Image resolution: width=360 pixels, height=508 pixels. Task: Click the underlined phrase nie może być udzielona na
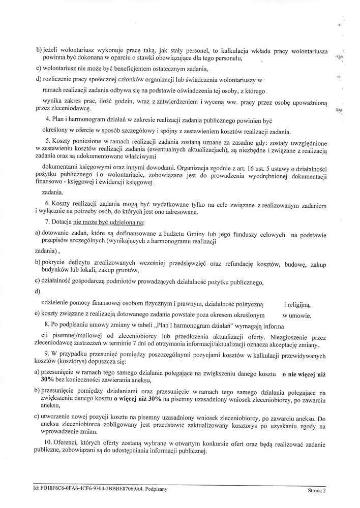109,223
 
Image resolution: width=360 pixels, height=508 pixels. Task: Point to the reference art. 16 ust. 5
257,168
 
